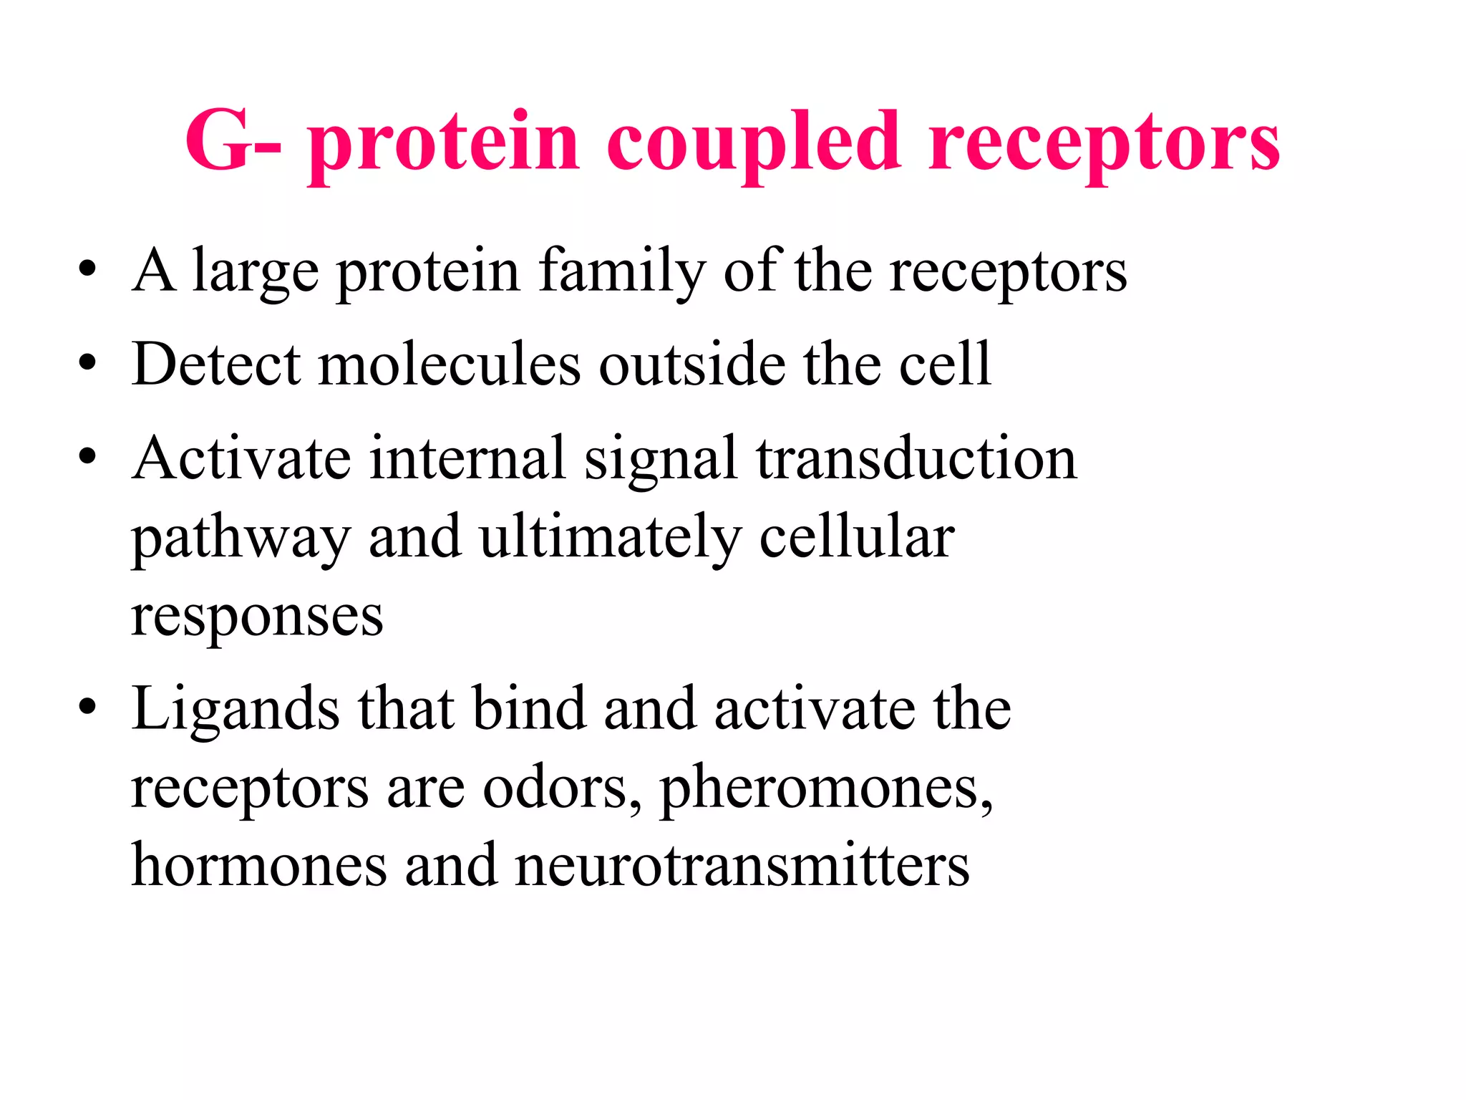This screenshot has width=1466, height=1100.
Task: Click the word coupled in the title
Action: coord(753,143)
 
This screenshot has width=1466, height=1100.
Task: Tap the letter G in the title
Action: coord(218,141)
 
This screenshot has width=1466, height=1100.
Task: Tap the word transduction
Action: coord(916,458)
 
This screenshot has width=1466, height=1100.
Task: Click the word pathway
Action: coord(241,539)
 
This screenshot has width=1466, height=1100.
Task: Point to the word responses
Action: coord(257,617)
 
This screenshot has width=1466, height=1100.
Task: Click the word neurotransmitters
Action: coord(742,865)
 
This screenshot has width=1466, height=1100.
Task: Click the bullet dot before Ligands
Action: coord(87,708)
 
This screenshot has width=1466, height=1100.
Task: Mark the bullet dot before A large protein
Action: coord(87,270)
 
